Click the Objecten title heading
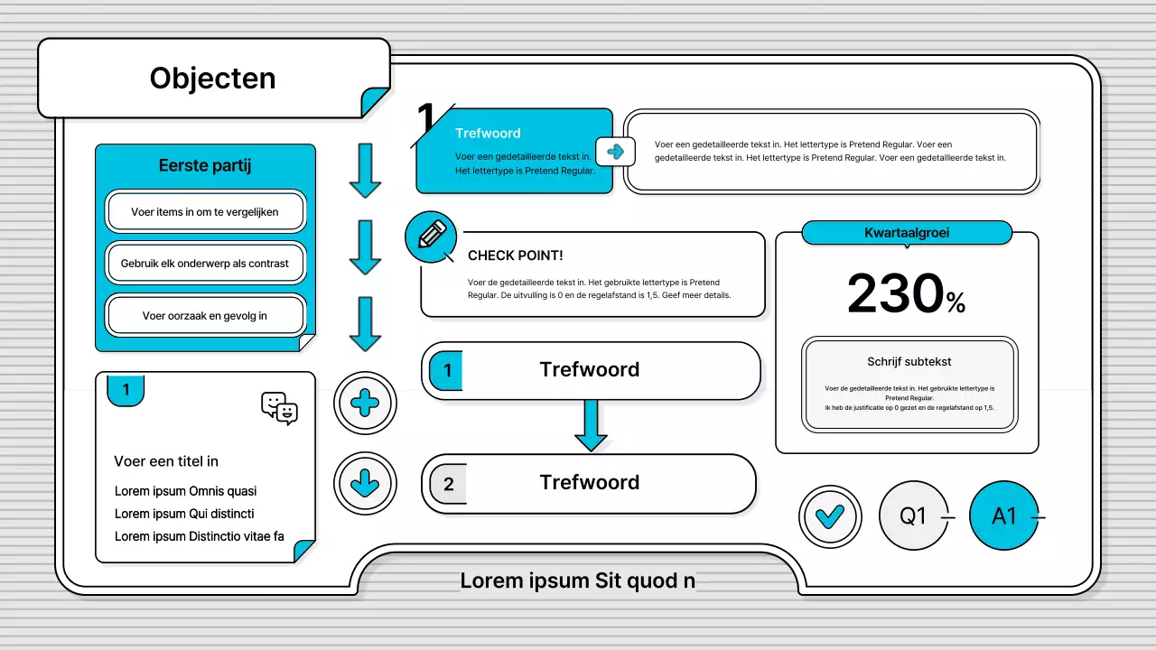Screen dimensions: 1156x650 (x=212, y=79)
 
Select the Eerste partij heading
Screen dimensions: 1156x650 (x=205, y=165)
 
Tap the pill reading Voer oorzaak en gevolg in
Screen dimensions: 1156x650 (x=205, y=315)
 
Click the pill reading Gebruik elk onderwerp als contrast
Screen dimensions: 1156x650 (x=205, y=263)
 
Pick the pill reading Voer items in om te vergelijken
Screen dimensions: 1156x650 (x=205, y=211)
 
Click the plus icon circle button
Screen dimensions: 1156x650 (x=365, y=403)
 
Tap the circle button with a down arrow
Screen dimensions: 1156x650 (x=365, y=483)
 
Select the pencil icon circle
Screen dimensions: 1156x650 (x=431, y=237)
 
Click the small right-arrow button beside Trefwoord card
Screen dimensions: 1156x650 (x=615, y=152)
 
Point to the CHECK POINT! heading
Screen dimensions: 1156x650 (x=515, y=255)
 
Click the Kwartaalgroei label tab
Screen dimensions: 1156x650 (x=907, y=233)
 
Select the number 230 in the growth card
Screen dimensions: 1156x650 (x=895, y=293)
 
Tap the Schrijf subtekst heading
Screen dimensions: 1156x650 (x=909, y=362)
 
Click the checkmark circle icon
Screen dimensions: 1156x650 (x=830, y=516)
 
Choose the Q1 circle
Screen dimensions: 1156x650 (x=913, y=515)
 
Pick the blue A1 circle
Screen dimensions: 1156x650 (x=1003, y=515)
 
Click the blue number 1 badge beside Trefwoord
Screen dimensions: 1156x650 (x=446, y=370)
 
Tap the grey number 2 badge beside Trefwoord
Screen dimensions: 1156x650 (x=448, y=484)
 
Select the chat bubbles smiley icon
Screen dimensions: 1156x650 (x=279, y=408)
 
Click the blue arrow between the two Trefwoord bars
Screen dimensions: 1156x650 (x=591, y=425)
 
